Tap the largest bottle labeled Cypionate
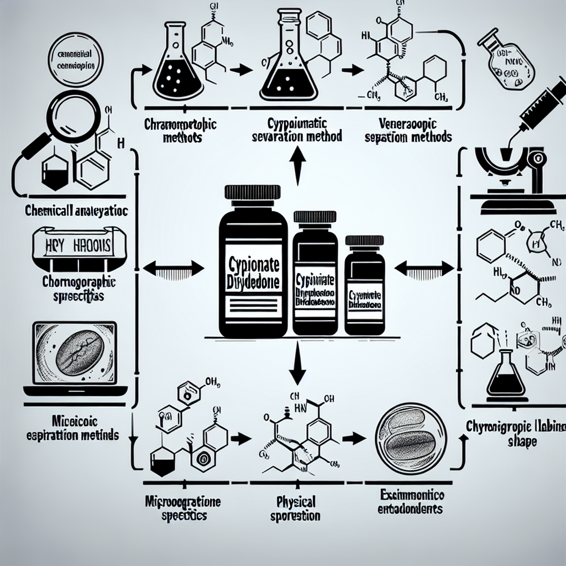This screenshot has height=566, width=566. click(x=253, y=265)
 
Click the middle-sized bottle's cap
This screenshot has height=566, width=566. click(x=314, y=217)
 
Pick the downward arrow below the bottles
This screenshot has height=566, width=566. click(x=298, y=365)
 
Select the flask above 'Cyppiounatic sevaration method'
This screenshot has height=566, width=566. click(x=288, y=64)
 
